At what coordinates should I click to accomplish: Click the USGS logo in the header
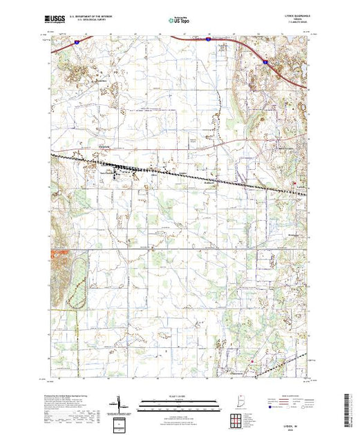pos(54,19)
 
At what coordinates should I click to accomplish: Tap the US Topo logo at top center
pos(179,20)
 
